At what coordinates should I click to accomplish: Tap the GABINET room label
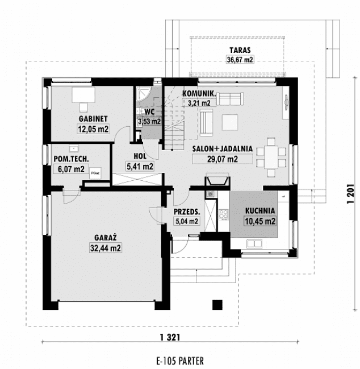click(x=93, y=119)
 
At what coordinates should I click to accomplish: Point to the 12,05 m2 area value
click(x=93, y=129)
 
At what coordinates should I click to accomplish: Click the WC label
click(x=149, y=112)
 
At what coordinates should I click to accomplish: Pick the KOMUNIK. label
click(x=198, y=94)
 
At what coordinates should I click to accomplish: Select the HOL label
click(x=140, y=156)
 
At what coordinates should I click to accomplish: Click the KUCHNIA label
click(x=260, y=210)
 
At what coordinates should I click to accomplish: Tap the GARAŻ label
click(x=106, y=238)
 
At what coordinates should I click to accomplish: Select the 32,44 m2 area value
click(x=106, y=248)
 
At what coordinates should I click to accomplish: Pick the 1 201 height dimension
click(x=351, y=194)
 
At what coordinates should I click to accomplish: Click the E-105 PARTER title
click(x=179, y=360)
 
